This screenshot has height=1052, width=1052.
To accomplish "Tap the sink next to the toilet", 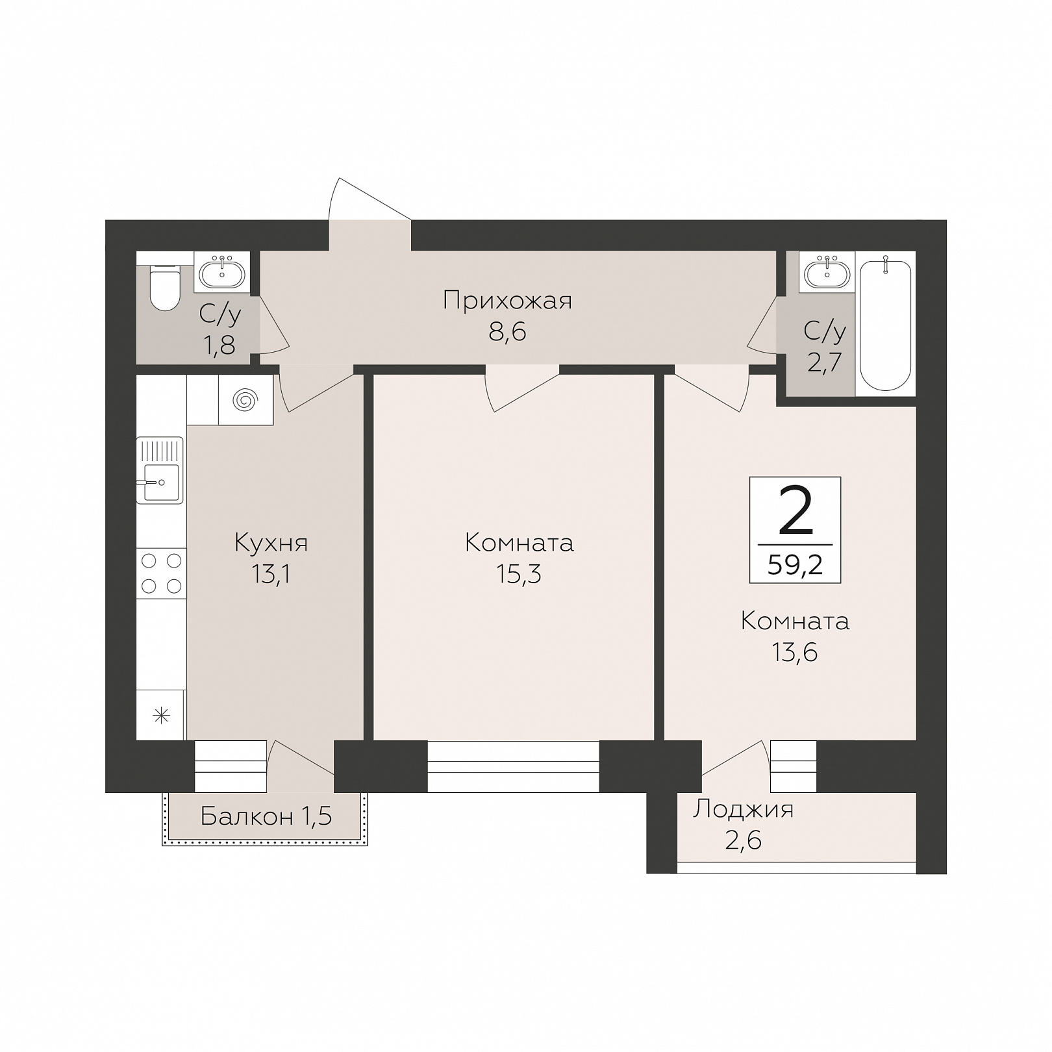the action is click(222, 272).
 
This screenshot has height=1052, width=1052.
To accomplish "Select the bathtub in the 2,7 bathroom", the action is click(885, 323).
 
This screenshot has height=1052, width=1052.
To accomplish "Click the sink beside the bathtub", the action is click(827, 272).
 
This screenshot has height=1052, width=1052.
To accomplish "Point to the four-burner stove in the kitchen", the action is click(161, 573).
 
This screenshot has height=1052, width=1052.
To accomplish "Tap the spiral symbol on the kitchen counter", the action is click(245, 400).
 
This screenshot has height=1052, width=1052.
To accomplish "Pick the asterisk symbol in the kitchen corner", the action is click(161, 716).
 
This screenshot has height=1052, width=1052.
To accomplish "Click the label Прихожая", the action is click(507, 301).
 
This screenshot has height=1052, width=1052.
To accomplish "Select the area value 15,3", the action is click(519, 574).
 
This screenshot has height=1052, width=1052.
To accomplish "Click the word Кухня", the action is click(271, 543).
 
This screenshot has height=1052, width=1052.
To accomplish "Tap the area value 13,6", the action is click(794, 652).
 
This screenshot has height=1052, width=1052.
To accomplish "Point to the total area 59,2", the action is click(795, 565).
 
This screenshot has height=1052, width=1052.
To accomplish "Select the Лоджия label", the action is click(743, 810).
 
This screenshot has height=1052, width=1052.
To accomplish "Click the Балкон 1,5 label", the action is click(266, 816).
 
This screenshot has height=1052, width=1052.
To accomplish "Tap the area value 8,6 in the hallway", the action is click(507, 332).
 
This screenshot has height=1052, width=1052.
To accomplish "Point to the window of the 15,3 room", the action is click(513, 766).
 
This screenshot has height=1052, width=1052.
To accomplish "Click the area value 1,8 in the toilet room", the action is click(219, 345).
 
